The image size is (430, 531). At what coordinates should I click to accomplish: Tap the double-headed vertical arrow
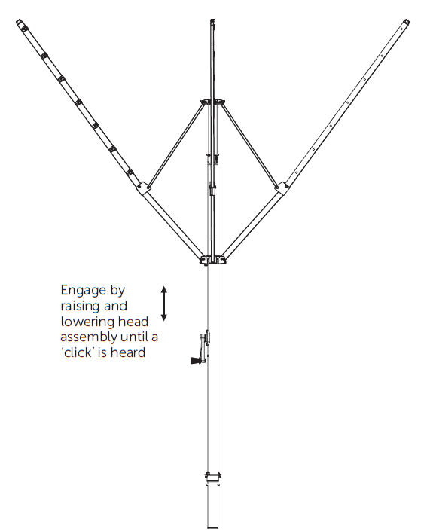[x=164, y=304]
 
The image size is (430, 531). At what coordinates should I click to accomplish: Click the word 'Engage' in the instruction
[x=84, y=291]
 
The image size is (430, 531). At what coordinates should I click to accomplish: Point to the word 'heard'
[x=128, y=352]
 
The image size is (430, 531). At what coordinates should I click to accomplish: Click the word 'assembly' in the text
[x=89, y=337]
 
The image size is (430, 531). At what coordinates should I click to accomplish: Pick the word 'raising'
[x=81, y=307]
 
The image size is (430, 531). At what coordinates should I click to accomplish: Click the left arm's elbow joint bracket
[x=143, y=188]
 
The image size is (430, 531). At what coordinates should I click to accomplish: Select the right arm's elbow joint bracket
[x=282, y=188]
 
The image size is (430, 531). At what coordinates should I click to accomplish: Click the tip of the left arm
[x=18, y=22]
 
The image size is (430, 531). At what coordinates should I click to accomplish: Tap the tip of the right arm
[x=407, y=22]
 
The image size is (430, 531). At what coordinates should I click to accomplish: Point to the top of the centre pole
[x=212, y=20]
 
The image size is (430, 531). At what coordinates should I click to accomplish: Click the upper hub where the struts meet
[x=212, y=102]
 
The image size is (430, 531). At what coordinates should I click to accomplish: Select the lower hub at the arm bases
[x=212, y=260]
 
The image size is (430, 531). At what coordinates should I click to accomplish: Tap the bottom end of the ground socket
[x=212, y=528]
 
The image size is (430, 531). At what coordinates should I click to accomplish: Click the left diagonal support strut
[x=176, y=145]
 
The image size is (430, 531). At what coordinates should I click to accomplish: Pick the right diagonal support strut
[x=249, y=145]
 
